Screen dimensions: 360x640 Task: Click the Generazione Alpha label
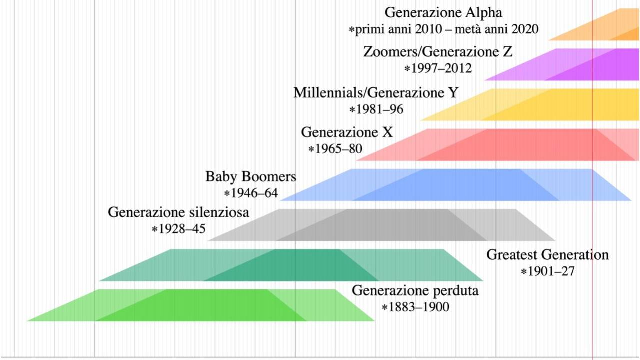[443, 13]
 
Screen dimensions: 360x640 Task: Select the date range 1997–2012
[438, 68]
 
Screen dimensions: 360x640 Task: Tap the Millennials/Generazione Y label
[375, 93]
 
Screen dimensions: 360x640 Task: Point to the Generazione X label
[347, 133]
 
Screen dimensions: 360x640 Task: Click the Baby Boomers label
[250, 177]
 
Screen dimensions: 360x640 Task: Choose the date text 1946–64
[251, 193]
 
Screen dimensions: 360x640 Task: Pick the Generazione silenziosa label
[178, 212]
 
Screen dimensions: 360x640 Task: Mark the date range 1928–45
[179, 229]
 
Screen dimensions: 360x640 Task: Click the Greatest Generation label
[547, 255]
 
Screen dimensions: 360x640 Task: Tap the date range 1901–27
[548, 272]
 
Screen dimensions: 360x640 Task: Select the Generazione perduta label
[415, 290]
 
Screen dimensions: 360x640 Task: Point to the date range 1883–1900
[415, 307]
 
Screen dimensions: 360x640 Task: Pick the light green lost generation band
[200, 305]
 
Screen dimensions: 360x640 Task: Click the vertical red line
[592, 340]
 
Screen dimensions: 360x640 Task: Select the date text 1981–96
[376, 109]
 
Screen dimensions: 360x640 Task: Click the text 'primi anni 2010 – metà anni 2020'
[444, 30]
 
